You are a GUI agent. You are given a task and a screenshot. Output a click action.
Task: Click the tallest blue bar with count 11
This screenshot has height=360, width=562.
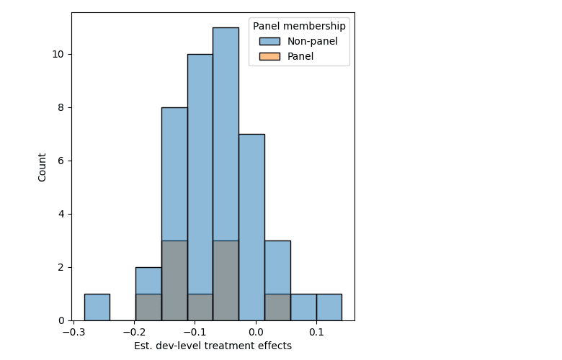tap(226, 174)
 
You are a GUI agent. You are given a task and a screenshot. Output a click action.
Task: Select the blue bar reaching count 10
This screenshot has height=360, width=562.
tap(200, 187)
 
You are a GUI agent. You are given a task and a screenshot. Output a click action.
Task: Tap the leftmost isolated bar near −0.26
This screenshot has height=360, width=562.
tap(97, 307)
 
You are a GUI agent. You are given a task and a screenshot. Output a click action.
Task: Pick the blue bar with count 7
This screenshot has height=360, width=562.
tap(251, 228)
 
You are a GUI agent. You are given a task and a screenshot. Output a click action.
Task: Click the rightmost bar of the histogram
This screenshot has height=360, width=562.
tap(329, 307)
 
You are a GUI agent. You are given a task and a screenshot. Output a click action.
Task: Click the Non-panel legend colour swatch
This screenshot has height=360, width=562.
tap(269, 41)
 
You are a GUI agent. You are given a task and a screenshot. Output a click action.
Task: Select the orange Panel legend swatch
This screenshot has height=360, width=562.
tap(269, 56)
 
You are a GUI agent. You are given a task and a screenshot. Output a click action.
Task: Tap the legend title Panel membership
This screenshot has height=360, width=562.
tap(299, 26)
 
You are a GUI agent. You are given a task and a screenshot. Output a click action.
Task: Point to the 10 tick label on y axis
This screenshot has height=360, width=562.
tap(58, 54)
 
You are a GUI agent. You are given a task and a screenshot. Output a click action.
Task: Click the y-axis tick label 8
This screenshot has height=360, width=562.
tap(61, 107)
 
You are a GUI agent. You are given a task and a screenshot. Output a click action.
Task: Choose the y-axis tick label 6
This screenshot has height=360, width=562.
tap(61, 161)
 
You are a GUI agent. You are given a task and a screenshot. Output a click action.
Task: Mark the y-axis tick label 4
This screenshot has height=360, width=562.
tap(61, 215)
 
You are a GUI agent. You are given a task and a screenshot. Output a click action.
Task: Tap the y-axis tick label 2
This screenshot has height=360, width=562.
tap(61, 268)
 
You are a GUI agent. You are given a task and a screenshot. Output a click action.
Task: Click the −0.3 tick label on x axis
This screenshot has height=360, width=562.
tap(73, 333)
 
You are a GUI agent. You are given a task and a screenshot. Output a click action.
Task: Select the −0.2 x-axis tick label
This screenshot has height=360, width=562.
tap(135, 333)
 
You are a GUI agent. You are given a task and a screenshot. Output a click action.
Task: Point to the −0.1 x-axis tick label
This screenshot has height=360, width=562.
tap(195, 333)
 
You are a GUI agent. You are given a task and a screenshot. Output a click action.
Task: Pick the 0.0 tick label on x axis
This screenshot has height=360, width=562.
tap(256, 333)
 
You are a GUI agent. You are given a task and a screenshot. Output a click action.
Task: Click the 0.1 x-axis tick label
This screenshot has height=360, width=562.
tap(316, 333)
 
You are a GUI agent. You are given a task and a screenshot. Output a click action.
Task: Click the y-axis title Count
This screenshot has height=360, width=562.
tap(42, 167)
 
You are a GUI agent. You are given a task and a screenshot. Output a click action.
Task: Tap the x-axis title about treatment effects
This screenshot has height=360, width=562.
tap(213, 346)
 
